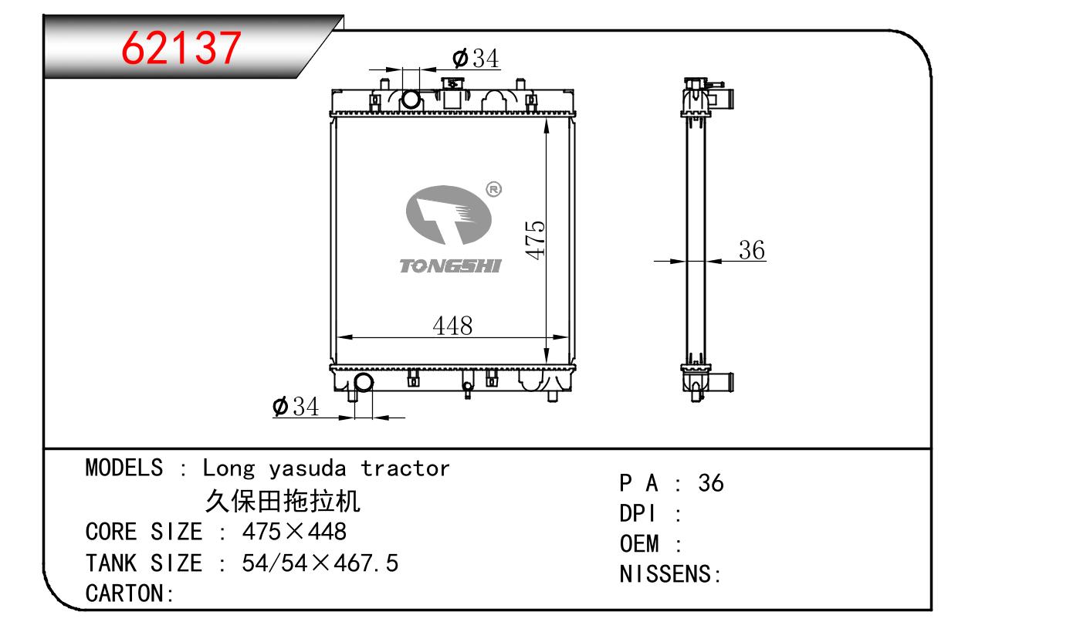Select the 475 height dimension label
coord(535,239)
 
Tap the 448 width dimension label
coord(452,326)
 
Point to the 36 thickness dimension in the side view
coord(751,250)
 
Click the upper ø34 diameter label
coord(476,58)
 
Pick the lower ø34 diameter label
coord(296,407)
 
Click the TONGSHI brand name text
coord(451,266)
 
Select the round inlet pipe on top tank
coord(411,99)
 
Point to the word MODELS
coord(124,468)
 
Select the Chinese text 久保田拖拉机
coord(283,502)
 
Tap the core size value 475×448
coord(294,532)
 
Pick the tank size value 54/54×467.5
coord(320,563)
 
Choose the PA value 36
coord(711,483)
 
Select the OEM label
coord(639,544)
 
